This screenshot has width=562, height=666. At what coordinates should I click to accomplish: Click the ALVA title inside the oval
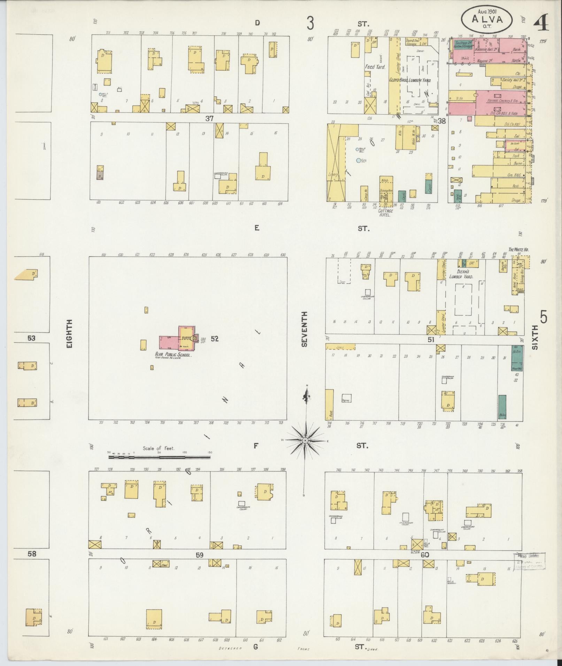click(x=487, y=19)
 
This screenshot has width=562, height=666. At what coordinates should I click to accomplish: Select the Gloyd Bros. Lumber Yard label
click(x=410, y=80)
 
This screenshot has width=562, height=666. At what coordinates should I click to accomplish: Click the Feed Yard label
click(x=375, y=66)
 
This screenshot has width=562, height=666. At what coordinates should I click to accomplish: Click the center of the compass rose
click(x=305, y=440)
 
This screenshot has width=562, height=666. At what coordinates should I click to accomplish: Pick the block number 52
click(x=214, y=338)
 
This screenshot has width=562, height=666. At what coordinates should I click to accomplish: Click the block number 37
click(x=209, y=119)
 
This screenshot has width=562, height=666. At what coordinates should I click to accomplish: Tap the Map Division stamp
click(x=529, y=561)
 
